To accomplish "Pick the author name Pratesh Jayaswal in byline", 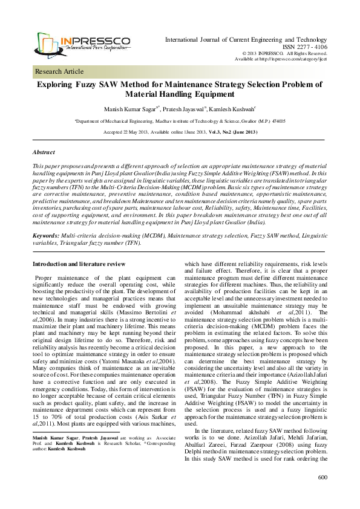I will point(182,109).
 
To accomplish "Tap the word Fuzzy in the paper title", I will point(99,85).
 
